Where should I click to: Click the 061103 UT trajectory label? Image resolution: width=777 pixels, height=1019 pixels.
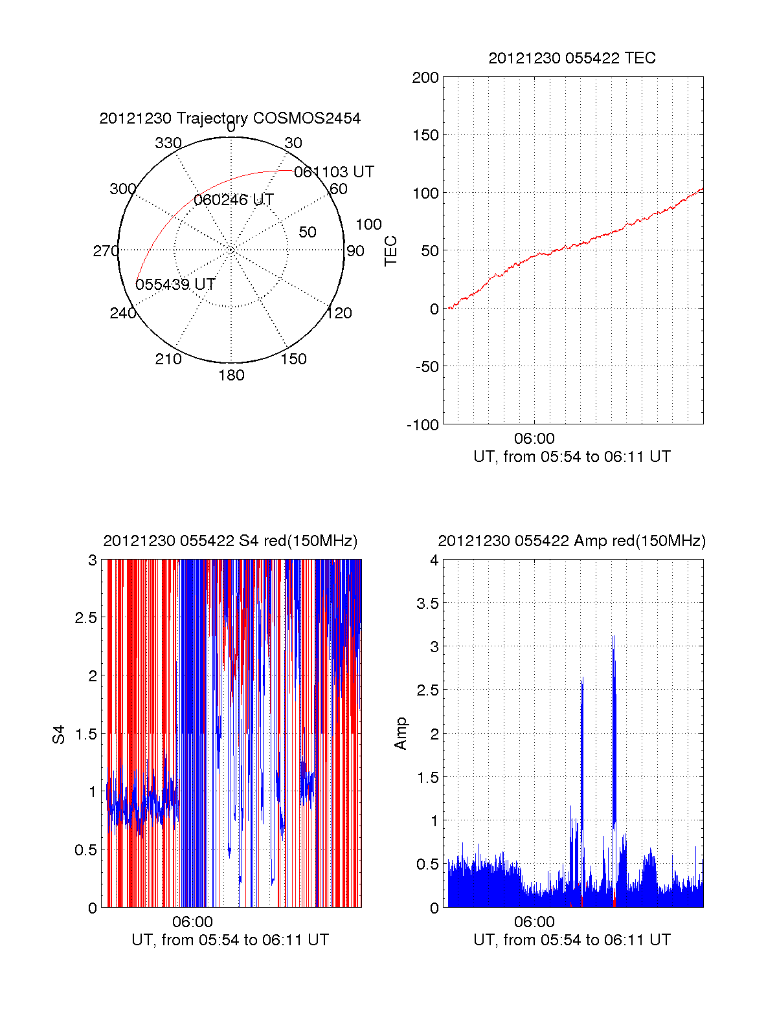tap(334, 172)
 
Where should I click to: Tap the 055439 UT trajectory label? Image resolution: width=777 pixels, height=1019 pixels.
tap(175, 285)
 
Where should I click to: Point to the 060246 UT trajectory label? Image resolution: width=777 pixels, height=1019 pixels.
tap(234, 200)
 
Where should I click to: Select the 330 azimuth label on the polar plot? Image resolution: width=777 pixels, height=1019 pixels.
tap(168, 143)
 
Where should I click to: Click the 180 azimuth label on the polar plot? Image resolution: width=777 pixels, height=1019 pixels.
tap(231, 375)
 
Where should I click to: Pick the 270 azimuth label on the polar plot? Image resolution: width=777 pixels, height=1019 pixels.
tap(106, 251)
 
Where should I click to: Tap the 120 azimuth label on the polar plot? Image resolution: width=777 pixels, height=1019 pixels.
tap(339, 313)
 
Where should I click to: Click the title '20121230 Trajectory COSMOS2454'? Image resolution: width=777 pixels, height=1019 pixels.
tap(230, 118)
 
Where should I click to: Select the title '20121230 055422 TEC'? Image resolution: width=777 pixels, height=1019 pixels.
tap(572, 58)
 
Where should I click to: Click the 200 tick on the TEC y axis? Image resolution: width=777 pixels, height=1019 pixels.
tap(425, 78)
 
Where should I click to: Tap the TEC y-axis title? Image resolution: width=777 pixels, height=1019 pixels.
tap(391, 251)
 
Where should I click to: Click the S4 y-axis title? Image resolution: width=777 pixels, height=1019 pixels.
tap(59, 734)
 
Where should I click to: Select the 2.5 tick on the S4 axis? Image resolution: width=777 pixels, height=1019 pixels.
tap(86, 618)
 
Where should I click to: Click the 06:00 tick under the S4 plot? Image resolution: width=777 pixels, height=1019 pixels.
tap(192, 922)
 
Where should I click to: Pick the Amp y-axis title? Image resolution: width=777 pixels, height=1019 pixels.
tap(401, 734)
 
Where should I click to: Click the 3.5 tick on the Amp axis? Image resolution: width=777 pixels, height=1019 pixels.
tap(426, 604)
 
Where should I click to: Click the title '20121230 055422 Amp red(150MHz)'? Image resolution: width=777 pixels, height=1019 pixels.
tap(572, 541)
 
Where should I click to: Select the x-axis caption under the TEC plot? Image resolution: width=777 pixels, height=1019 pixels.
tap(572, 457)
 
